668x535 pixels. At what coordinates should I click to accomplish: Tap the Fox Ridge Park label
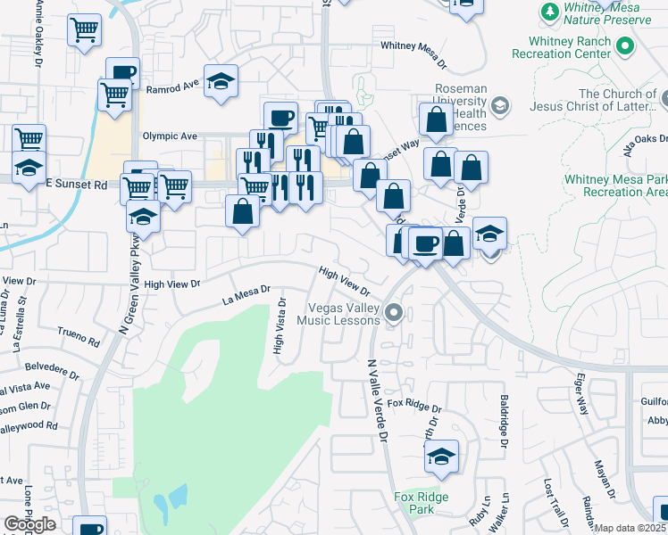[x=421, y=503]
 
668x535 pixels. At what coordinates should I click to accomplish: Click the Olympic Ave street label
[x=170, y=136]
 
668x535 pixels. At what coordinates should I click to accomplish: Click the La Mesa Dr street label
[x=246, y=297]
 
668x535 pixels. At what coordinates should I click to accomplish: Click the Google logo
[x=29, y=524]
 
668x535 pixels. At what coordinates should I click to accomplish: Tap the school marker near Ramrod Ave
[x=221, y=82]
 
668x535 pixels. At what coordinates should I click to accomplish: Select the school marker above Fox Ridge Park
[x=441, y=457]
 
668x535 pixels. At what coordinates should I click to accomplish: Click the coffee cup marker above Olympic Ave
[x=280, y=118]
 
